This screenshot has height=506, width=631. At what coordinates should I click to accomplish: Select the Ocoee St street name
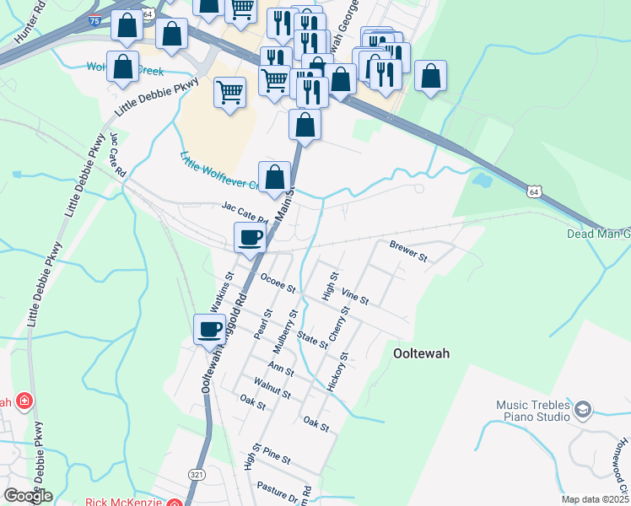pyautogui.click(x=278, y=283)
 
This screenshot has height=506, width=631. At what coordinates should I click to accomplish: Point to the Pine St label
pyautogui.click(x=277, y=458)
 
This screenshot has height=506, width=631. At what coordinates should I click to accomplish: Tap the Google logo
pyautogui.click(x=28, y=495)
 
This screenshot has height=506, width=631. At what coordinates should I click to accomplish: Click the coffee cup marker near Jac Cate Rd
pyautogui.click(x=249, y=237)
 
